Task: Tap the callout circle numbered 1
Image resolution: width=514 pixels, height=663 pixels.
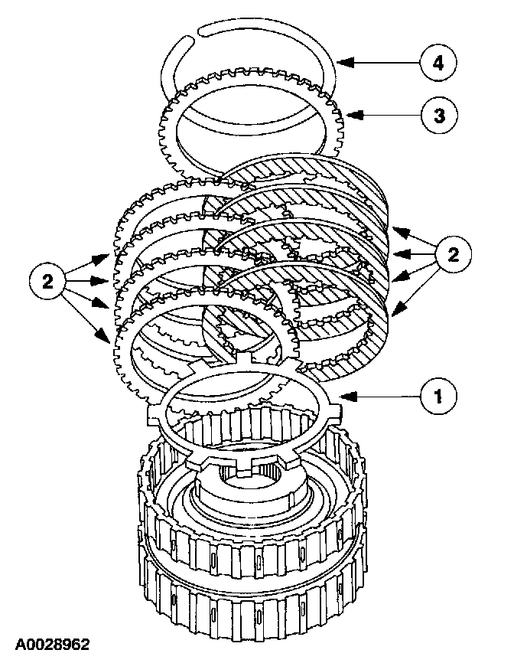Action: click(x=437, y=395)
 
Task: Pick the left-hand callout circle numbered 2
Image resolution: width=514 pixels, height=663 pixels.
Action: click(x=47, y=281)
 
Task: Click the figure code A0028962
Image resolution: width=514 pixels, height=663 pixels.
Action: click(x=50, y=645)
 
